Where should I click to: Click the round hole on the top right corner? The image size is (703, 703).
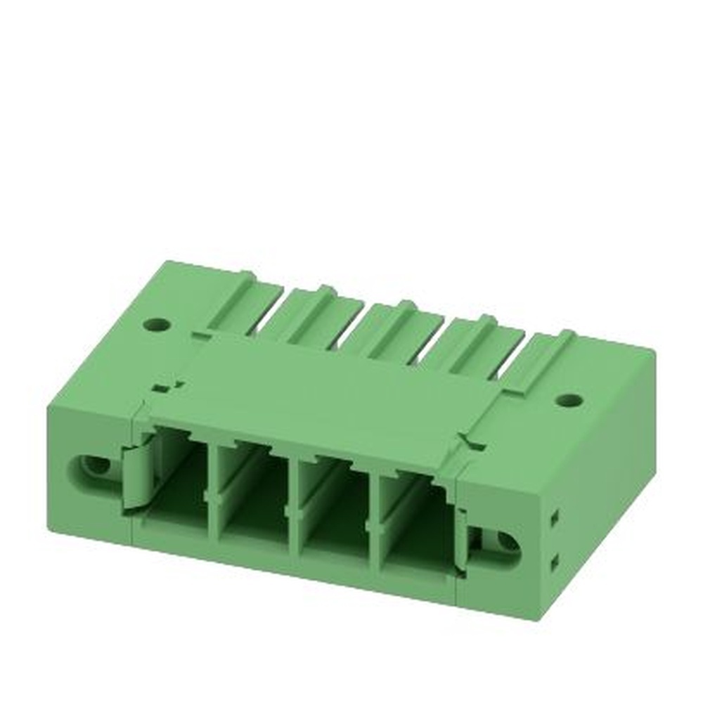point(568,400)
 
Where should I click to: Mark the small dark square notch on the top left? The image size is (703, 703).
point(161,387)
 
